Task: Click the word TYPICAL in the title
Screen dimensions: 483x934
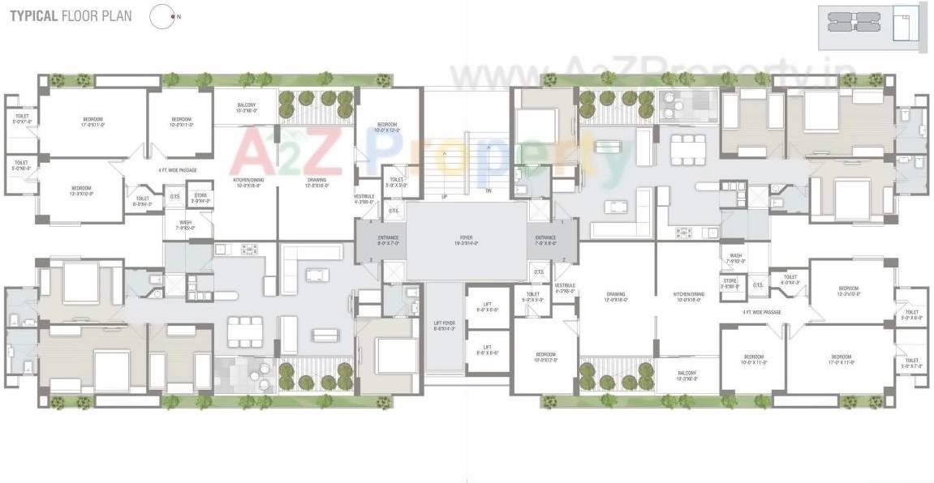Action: coord(33,15)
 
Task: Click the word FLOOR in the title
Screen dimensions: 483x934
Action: coord(77,15)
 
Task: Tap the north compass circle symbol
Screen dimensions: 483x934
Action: coord(162,16)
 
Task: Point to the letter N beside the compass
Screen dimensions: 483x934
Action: coord(179,16)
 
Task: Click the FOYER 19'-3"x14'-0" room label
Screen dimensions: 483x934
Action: coord(467,241)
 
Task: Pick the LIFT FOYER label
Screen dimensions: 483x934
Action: coord(445,326)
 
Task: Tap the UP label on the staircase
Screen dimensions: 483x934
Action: coord(444,197)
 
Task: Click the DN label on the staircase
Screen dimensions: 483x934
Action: coord(488,191)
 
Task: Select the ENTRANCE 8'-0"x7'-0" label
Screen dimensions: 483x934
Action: coord(388,241)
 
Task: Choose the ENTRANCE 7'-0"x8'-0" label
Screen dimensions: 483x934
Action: coord(545,241)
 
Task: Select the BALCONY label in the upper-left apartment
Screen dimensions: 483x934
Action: coord(246,107)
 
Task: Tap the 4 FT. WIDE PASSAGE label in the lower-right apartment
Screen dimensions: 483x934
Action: coord(761,311)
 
